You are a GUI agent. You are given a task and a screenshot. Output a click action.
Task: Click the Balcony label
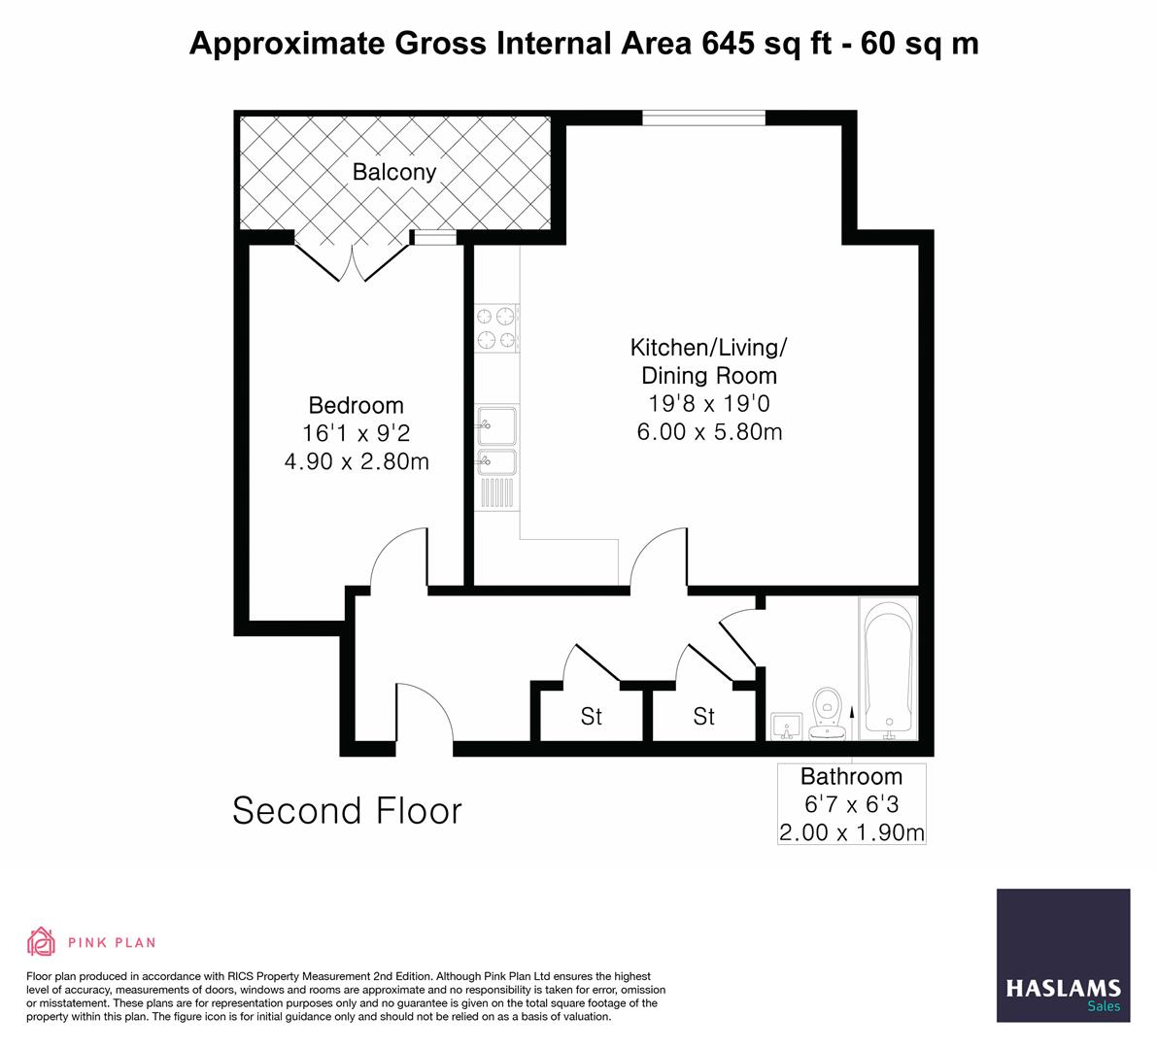(x=394, y=172)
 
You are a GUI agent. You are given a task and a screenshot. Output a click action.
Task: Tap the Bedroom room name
(x=356, y=405)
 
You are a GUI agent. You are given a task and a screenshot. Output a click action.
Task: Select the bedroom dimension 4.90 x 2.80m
(x=356, y=461)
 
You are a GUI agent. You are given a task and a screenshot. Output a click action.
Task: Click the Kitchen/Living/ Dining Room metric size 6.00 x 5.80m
(x=709, y=432)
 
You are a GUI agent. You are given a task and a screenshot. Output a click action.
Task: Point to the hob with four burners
(x=496, y=327)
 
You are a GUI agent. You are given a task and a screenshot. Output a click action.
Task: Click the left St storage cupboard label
(x=591, y=717)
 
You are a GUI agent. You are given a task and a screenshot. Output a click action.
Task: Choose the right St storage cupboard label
(x=703, y=717)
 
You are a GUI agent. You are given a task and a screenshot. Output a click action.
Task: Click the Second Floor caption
(x=347, y=810)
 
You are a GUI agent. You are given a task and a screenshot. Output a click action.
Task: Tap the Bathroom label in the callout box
(x=851, y=776)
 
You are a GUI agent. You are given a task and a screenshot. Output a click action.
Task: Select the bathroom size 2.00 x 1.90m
(x=851, y=832)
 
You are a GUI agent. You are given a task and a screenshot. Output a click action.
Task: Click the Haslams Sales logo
(x=1063, y=955)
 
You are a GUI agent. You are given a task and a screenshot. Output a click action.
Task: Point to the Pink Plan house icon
(x=42, y=941)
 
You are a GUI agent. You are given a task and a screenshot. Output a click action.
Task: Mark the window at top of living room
(x=703, y=118)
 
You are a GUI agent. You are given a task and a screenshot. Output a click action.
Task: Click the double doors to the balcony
(x=352, y=260)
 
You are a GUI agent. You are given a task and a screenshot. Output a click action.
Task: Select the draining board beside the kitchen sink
(x=496, y=493)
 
